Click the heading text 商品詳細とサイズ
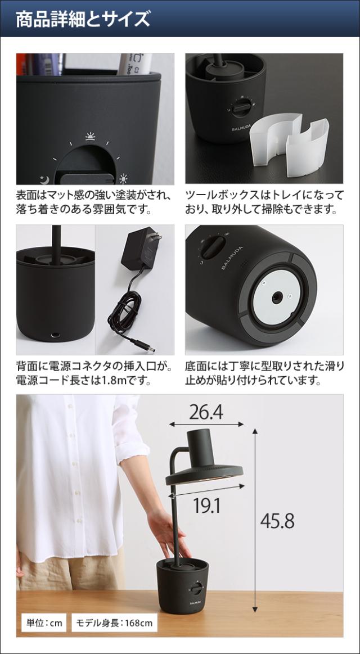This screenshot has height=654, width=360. [x=83, y=19]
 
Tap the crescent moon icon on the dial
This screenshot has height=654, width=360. [x=44, y=179]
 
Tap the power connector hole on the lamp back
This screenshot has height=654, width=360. [x=55, y=335]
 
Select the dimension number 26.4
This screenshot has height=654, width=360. [x=205, y=412]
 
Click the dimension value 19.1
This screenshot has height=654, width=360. [x=206, y=506]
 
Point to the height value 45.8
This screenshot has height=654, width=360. [x=277, y=521]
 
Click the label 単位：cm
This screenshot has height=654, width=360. [x=45, y=623]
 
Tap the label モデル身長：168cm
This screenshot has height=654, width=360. [x=114, y=623]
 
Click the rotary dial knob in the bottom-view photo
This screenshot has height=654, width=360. [x=213, y=247]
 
